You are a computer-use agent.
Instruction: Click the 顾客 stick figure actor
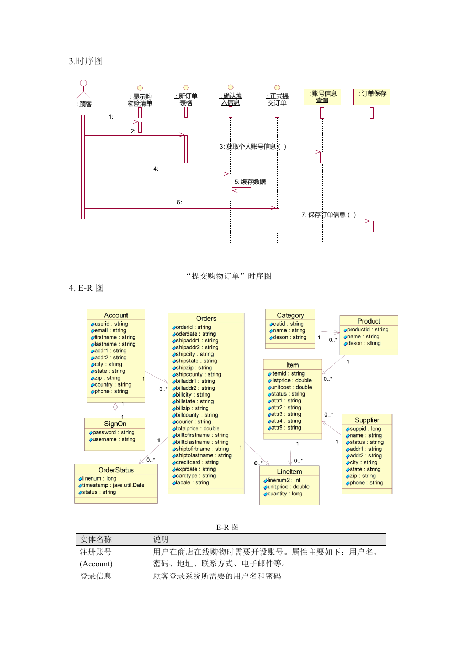coord(83,89)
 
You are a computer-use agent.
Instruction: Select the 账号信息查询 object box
coord(322,97)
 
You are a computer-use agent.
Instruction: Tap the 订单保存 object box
coord(372,97)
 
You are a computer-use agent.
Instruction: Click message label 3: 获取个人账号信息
coord(253,147)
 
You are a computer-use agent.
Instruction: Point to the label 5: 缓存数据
coord(250,182)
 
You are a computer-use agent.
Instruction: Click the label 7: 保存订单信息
coord(328,215)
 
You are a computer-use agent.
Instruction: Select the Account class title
coord(116,315)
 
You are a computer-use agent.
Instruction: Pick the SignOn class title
coord(115,423)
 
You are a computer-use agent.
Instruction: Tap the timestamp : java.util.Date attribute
coord(111,485)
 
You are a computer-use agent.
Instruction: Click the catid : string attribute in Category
coord(287,324)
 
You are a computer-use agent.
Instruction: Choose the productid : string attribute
coord(366,329)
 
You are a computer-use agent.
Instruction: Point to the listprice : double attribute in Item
coord(290,380)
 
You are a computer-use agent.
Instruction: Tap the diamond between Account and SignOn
coord(115,407)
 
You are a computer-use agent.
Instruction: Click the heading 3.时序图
coord(86,61)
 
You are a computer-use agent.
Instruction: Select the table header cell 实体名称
coord(96,539)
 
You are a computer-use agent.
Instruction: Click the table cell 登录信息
coord(96,576)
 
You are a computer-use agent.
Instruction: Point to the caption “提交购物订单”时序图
coord(229,276)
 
